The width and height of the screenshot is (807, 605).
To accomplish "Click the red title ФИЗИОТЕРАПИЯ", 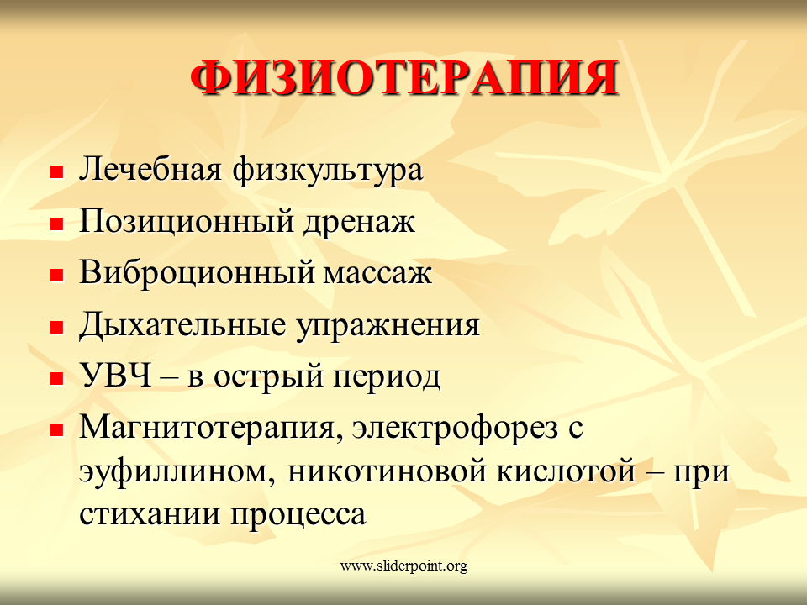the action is coord(404,79).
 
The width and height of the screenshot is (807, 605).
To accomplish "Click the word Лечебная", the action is coord(150,169).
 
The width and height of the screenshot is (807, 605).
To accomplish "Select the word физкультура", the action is coord(327,171).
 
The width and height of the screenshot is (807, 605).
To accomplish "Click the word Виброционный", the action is coord(196,273).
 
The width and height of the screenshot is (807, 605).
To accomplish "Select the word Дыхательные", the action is coord(182,326).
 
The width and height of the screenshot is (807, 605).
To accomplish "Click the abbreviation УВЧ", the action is coord(116,376).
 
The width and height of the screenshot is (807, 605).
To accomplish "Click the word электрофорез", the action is coord(455,429).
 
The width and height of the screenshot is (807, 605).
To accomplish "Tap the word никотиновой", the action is coord(387,472).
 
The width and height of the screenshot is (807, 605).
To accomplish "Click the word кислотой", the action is coord(566,472).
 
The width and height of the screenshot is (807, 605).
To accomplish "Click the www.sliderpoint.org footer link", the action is coord(404,566).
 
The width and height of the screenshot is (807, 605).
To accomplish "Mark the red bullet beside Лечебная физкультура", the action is coord(56,171).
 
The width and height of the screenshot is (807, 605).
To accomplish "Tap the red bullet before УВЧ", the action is coord(56,379).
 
